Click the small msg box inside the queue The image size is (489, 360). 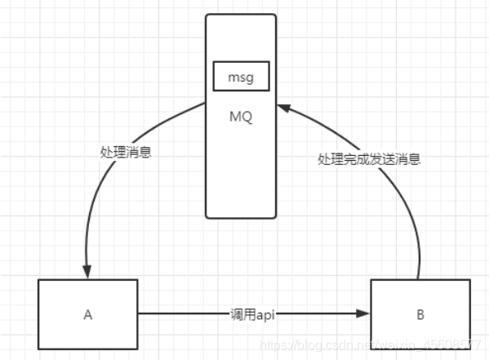pos(241,78)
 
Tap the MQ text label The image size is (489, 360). pos(241,117)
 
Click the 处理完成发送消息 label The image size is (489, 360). pos(369,160)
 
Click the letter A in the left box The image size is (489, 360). pos(87,313)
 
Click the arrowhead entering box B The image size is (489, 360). pos(366,313)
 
